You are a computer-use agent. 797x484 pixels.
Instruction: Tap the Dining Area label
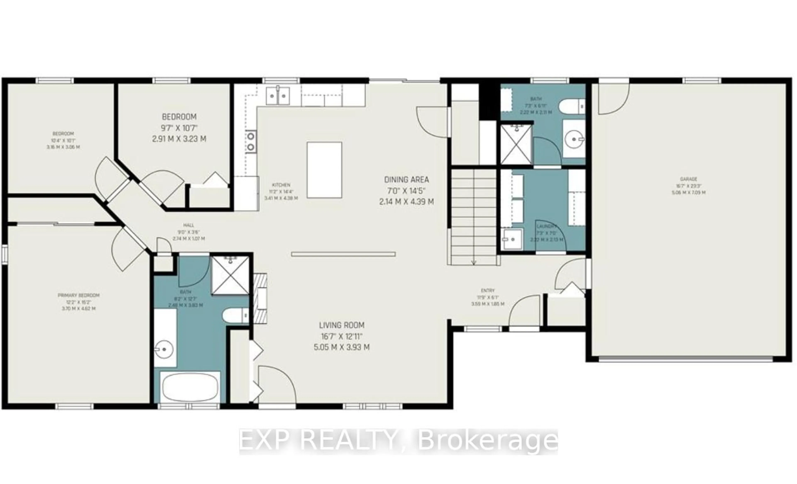point(406,180)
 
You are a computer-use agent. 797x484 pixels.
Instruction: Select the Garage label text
point(688,179)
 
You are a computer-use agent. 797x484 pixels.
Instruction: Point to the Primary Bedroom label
point(79,295)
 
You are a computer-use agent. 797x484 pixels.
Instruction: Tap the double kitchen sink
point(277,96)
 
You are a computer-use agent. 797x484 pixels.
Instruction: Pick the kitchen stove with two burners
point(251,141)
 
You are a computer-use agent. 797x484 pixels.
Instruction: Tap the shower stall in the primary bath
point(230,276)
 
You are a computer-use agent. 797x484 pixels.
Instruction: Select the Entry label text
point(488,291)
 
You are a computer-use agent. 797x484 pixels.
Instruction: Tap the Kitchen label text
point(281,185)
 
